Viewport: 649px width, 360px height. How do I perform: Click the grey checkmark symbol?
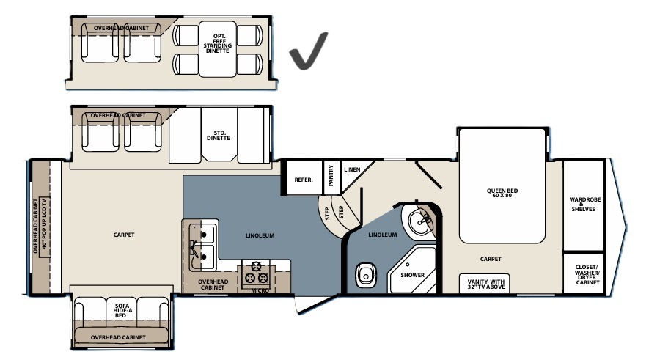(x=307, y=51)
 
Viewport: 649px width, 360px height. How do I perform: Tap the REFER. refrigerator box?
(x=304, y=177)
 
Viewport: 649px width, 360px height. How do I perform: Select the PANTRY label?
(x=331, y=175)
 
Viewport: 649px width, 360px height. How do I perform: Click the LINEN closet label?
(x=352, y=169)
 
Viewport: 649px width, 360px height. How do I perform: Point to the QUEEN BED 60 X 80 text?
(x=502, y=193)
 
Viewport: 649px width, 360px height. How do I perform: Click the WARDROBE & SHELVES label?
(x=585, y=205)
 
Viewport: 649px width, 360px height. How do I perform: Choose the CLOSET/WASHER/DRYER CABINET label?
(x=587, y=275)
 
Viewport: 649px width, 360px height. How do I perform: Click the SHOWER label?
(x=412, y=275)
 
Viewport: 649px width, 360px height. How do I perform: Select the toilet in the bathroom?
(x=366, y=275)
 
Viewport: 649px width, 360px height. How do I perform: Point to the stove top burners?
(x=255, y=272)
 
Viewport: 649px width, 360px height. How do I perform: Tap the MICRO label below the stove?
(x=260, y=290)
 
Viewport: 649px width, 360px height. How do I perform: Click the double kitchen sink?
(x=202, y=247)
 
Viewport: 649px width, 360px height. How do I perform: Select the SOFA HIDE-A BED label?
(x=121, y=310)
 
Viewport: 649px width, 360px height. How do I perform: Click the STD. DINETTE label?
(x=219, y=136)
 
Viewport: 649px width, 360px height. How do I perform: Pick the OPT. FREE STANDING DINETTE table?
(x=218, y=49)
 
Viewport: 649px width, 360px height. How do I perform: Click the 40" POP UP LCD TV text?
(x=44, y=227)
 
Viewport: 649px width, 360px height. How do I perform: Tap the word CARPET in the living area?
(x=124, y=235)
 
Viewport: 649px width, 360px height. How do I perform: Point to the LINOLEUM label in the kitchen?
(x=260, y=235)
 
